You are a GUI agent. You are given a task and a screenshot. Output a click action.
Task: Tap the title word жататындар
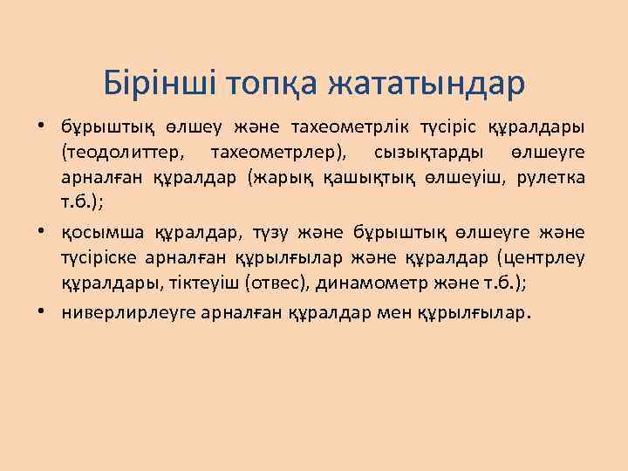pos(427,84)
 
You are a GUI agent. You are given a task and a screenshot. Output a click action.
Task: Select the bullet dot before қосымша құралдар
pos(42,234)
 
